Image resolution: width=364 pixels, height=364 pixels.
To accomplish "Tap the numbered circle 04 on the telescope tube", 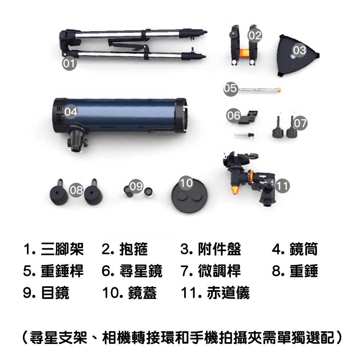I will coord(71,112).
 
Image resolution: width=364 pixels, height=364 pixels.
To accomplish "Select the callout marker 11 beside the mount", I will coord(282,186).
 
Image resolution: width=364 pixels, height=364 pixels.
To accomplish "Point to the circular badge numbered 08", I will coord(76,190).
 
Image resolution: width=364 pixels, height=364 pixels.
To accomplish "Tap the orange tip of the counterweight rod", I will coord(279,88).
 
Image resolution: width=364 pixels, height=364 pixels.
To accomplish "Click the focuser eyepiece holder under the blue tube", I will coord(77,140).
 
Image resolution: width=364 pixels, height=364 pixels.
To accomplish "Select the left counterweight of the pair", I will coord(59,193).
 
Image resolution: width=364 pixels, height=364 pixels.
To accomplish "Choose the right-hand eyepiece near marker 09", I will coord(149,192).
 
